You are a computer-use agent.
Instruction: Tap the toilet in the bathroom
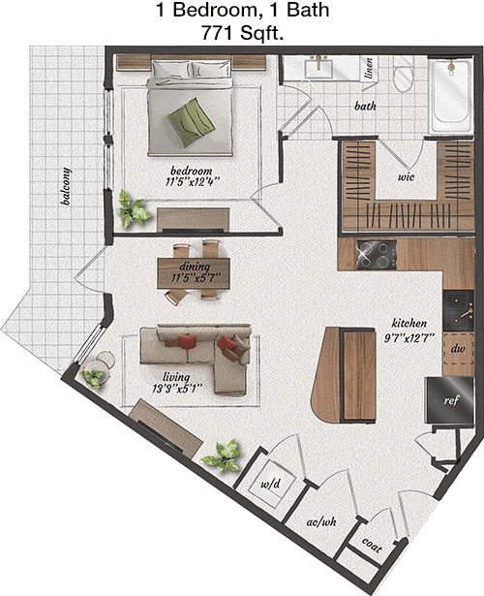pyautogui.click(x=403, y=75)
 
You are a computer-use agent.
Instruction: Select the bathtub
pyautogui.click(x=451, y=95)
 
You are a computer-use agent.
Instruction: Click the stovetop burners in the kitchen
pyautogui.click(x=377, y=255)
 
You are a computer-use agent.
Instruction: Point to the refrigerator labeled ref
pyautogui.click(x=450, y=399)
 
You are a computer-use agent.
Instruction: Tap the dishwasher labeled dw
pyautogui.click(x=459, y=349)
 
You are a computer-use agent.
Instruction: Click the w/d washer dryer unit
pyautogui.click(x=271, y=484)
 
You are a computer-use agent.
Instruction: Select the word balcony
pyautogui.click(x=66, y=186)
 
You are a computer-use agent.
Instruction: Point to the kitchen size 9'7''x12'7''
pyautogui.click(x=408, y=337)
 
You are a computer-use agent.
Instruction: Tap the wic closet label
pyautogui.click(x=406, y=176)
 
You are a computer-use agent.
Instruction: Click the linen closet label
pyautogui.click(x=368, y=68)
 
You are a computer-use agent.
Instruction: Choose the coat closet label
pyautogui.click(x=372, y=546)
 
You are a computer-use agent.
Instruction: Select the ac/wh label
pyautogui.click(x=321, y=522)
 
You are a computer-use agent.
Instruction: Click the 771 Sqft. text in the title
pyautogui.click(x=242, y=34)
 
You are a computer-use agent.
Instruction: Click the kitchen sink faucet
pyautogui.click(x=467, y=313)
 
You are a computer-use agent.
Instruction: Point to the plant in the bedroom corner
pyautogui.click(x=133, y=209)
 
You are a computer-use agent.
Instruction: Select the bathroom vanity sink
pyautogui.click(x=318, y=67)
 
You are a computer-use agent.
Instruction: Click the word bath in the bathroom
pyautogui.click(x=365, y=106)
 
